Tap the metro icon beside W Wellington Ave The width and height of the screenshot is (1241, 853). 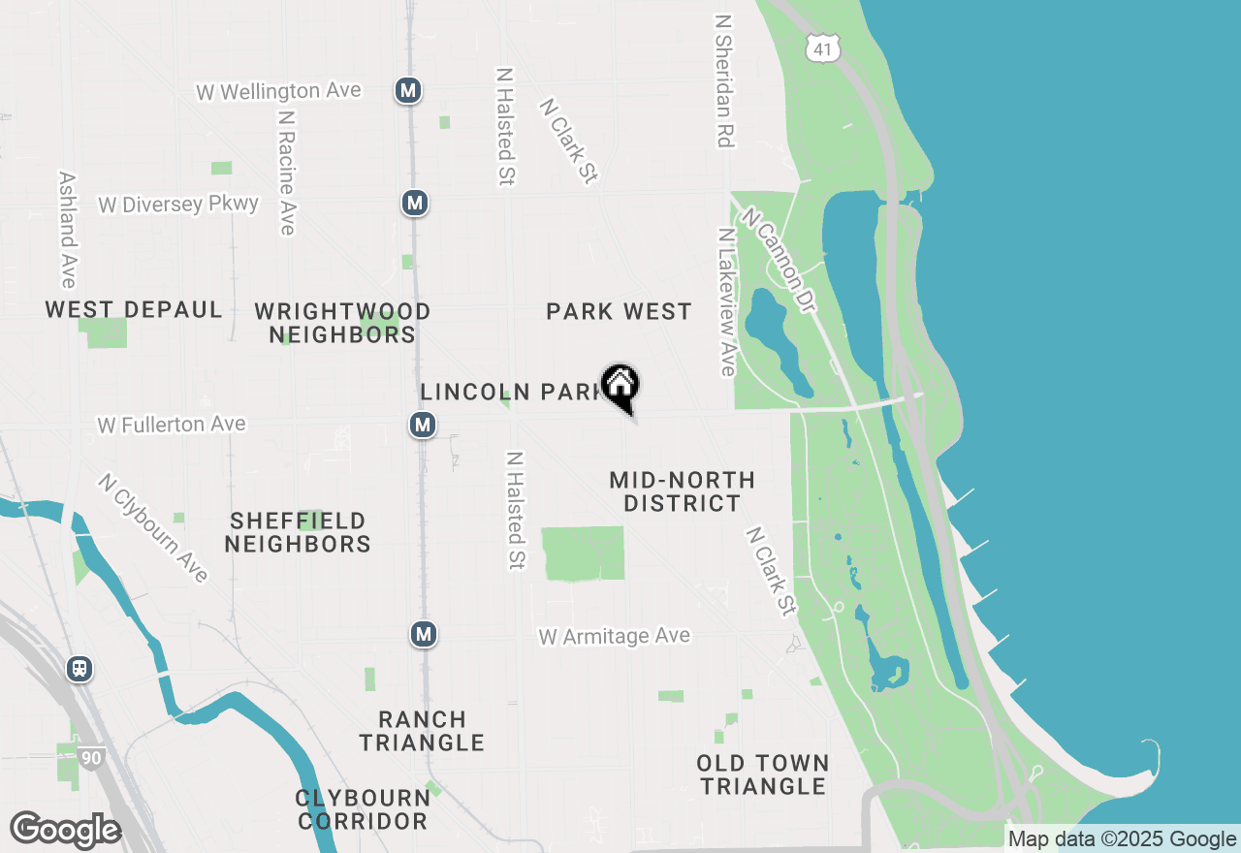[408, 91]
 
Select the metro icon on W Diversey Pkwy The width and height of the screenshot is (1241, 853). [415, 204]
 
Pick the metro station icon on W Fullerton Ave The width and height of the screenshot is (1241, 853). [422, 425]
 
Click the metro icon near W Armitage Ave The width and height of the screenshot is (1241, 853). [423, 635]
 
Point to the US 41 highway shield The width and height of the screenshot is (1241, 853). [821, 47]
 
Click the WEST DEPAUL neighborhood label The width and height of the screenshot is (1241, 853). [134, 310]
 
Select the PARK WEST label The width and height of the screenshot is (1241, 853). [619, 311]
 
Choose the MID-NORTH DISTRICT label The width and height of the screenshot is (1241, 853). [683, 491]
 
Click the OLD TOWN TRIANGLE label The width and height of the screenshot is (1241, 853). [763, 774]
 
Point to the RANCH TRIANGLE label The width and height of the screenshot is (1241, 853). [422, 731]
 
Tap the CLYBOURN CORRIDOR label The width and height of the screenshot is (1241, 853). [364, 809]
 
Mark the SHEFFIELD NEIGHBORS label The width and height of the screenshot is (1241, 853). [298, 533]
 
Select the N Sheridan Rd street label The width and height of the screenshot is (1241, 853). [723, 80]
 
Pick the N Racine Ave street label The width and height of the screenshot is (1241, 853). [286, 172]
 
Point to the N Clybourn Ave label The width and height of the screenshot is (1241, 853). [153, 528]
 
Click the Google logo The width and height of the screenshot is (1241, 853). [65, 831]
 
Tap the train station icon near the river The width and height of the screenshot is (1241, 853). [80, 669]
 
